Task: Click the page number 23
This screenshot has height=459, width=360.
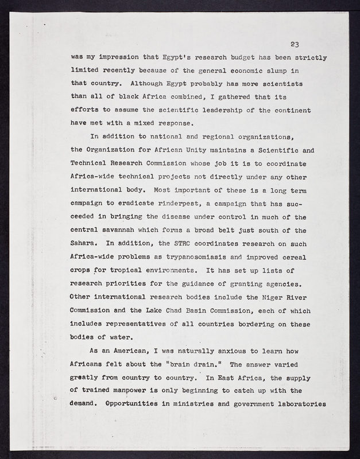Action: [295, 44]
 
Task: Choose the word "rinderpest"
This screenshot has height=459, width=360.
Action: [163, 203]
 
